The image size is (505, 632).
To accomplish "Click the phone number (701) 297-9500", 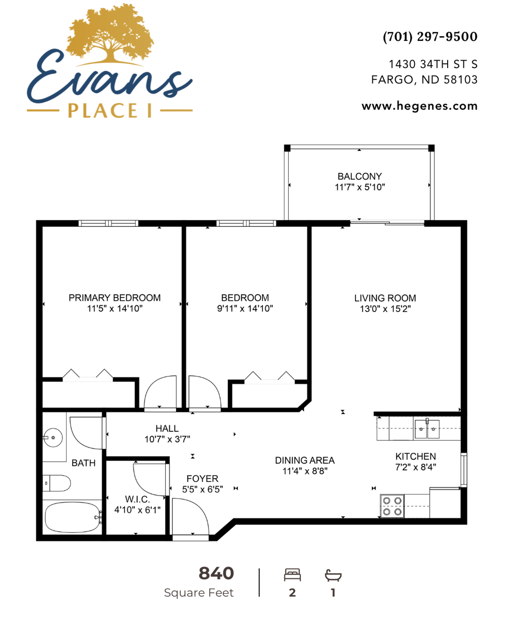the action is [430, 37].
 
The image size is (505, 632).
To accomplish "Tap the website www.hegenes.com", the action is [420, 106].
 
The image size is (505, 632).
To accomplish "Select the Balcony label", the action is [360, 176].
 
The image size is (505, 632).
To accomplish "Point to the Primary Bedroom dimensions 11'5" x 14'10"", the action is [115, 308].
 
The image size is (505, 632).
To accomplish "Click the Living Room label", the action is [385, 298].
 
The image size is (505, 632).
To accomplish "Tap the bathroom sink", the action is [53, 437].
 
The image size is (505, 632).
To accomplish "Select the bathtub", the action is [73, 517].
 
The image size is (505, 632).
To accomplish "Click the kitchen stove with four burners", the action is [392, 506].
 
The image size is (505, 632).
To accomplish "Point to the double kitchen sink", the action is [427, 429].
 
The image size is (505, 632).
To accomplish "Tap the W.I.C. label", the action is [137, 499].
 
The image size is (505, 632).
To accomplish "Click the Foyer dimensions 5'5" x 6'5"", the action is [203, 489].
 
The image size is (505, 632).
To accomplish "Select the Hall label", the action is [167, 428].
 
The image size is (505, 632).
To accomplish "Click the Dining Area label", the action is [305, 460].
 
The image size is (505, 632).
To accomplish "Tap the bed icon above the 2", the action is [292, 575].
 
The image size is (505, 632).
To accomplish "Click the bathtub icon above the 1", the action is [333, 575].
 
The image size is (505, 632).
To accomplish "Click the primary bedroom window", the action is [108, 223].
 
